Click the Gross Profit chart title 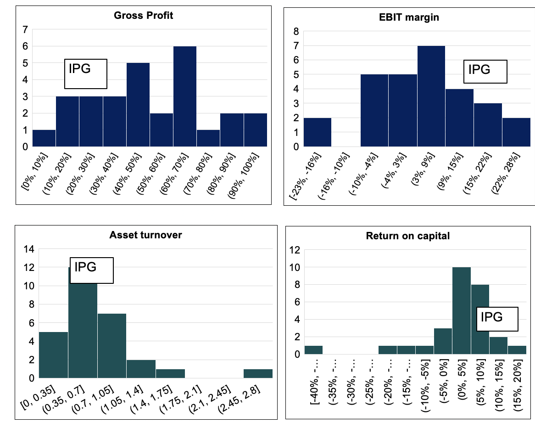coord(143,15)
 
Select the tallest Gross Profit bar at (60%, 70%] coord(185,96)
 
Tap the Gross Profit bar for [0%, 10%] coord(44,138)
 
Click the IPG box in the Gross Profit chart coord(85,73)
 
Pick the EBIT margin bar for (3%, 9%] coord(431,96)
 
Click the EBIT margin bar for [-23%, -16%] coord(318,132)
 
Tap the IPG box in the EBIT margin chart coord(485,72)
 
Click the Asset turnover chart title coord(145,235)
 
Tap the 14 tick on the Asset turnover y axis coord(28,249)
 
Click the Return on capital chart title coord(407,236)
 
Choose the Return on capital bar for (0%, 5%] coord(461,310)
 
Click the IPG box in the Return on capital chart coord(497,319)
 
